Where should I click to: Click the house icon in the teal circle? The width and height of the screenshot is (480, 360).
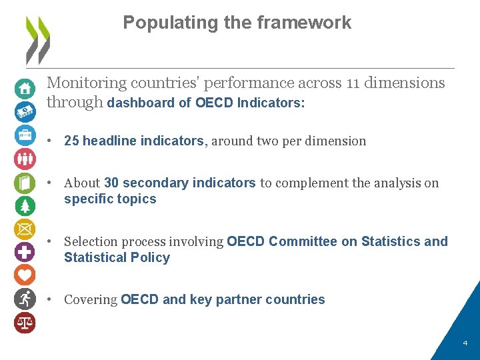point(25,88)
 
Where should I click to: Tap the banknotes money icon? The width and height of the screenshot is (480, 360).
point(25,111)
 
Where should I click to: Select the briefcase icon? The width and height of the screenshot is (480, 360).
point(25,135)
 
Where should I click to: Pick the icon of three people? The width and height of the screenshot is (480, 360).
point(25,159)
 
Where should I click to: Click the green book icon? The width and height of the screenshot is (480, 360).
point(25,182)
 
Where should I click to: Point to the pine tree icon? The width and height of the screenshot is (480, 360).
point(25,205)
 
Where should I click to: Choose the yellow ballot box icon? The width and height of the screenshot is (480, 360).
point(25,229)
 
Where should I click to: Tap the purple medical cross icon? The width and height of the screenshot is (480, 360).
point(25,252)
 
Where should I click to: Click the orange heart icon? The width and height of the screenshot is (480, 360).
point(25,275)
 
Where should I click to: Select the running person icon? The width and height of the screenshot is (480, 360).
point(25,298)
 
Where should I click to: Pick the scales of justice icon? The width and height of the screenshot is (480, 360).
point(25,322)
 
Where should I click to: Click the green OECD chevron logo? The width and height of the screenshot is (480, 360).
point(37,39)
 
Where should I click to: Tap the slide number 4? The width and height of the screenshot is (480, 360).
point(465,343)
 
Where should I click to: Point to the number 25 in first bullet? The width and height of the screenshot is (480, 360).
point(71,141)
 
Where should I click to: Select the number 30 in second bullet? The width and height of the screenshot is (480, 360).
point(111,183)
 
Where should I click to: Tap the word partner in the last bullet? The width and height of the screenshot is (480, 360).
point(239,299)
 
